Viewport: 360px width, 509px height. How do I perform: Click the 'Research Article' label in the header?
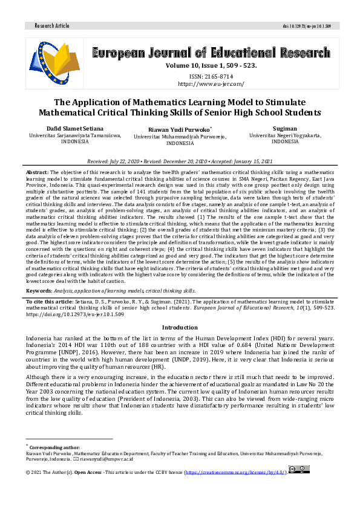tap(54, 26)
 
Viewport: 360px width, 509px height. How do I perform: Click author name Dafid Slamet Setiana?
tap(76, 128)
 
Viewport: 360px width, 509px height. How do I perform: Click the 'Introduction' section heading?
tap(180, 327)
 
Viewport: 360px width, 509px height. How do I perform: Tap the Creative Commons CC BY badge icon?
tap(299, 469)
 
